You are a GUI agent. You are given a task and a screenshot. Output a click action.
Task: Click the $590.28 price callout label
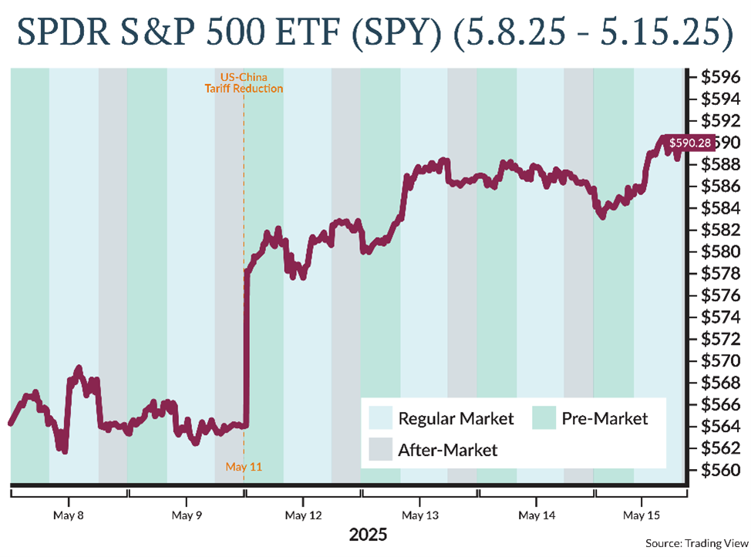point(689,143)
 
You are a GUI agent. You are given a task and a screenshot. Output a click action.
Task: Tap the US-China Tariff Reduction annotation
point(244,83)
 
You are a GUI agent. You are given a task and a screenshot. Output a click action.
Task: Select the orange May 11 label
point(244,466)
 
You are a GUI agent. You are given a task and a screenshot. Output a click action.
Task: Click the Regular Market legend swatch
point(380,419)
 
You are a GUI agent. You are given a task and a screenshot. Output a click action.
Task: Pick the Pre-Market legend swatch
point(544,419)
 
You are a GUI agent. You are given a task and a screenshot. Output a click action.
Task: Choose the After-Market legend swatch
point(380,449)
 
